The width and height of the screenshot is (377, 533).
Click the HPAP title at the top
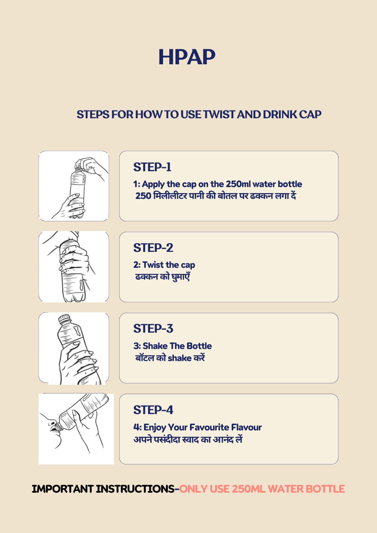point(187,57)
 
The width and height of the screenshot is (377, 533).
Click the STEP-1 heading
point(152,167)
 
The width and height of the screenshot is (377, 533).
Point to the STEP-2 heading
point(153,248)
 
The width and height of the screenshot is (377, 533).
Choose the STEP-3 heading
point(153,328)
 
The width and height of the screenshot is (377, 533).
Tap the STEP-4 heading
point(153,410)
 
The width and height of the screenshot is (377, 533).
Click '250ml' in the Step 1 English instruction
point(238,184)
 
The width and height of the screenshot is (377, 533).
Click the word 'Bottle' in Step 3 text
point(199,346)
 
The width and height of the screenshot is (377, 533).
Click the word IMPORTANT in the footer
point(62,489)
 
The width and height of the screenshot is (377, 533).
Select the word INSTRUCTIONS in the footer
point(135,489)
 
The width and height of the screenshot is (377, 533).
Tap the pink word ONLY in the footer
point(193,489)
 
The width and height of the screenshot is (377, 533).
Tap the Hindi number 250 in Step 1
point(143,196)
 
